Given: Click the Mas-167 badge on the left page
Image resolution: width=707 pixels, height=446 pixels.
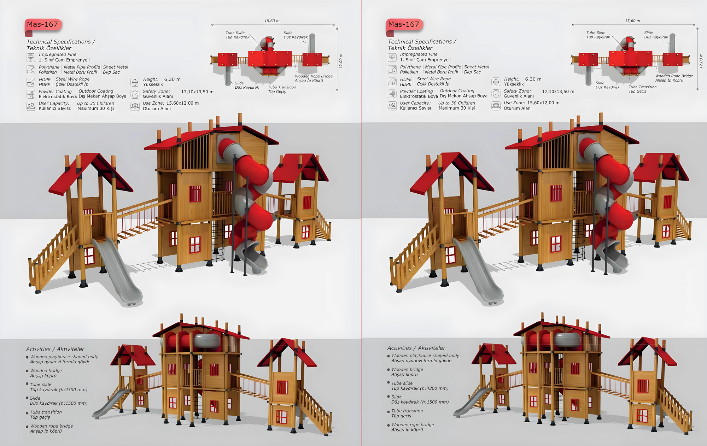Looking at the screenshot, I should pos(43,24).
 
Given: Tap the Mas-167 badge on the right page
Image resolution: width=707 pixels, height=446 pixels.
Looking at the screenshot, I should pos(404,24).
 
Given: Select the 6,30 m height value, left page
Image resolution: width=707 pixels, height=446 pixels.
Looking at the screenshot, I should pos(172,80).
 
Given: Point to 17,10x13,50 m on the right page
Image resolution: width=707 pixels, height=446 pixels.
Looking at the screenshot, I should pos(558,92).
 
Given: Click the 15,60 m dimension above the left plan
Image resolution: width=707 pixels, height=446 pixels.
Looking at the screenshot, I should pos(272,21).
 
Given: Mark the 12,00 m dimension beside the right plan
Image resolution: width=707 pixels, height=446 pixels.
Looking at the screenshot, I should pos(701,61).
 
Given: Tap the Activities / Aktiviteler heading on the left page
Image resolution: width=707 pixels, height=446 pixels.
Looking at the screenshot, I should pos(55,349).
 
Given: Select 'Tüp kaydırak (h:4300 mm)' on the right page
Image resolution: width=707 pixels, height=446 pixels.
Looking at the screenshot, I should pos(420,388).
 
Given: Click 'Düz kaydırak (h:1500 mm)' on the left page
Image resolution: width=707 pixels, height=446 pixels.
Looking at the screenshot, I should pos(59,403).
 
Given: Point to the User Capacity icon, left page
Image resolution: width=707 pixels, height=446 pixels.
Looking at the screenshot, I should pos(31,106).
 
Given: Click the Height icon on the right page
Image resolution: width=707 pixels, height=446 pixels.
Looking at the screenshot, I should pos(496,82).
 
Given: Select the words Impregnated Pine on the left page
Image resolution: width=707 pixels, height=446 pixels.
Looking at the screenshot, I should pos(57,54).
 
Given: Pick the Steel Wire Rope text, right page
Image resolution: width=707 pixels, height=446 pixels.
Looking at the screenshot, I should pos(434,79).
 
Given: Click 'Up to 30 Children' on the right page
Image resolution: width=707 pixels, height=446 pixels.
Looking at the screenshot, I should pos(456,103).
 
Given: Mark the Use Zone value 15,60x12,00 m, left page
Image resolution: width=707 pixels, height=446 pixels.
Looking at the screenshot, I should pos(182,103).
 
